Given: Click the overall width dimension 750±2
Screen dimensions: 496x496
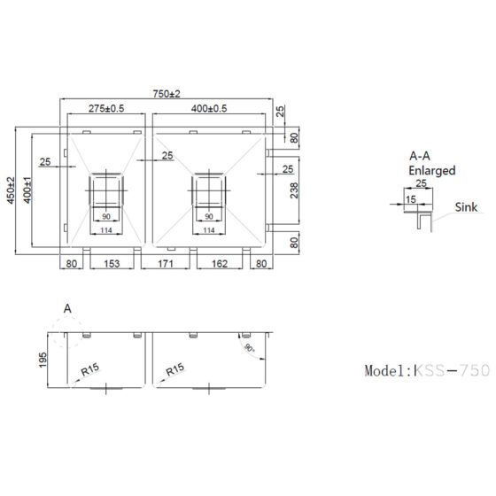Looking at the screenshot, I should [166, 95].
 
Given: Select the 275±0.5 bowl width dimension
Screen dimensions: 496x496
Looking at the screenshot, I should [106, 109].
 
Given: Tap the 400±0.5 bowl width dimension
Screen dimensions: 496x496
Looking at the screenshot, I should [209, 109].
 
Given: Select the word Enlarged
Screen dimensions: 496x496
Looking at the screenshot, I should [432, 169].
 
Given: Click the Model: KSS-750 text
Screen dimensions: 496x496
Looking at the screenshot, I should [427, 371].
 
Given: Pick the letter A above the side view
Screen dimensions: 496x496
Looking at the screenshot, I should [67, 308].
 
